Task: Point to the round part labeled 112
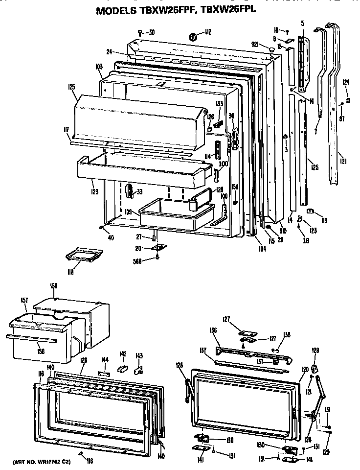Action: point(193,36)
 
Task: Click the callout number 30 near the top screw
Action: point(151,33)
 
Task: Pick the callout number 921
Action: point(254,45)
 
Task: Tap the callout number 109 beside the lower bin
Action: point(128,212)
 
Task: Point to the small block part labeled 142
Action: point(123,366)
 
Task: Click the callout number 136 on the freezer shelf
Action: point(213,330)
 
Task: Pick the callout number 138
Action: point(287,335)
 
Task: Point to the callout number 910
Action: point(283,230)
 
